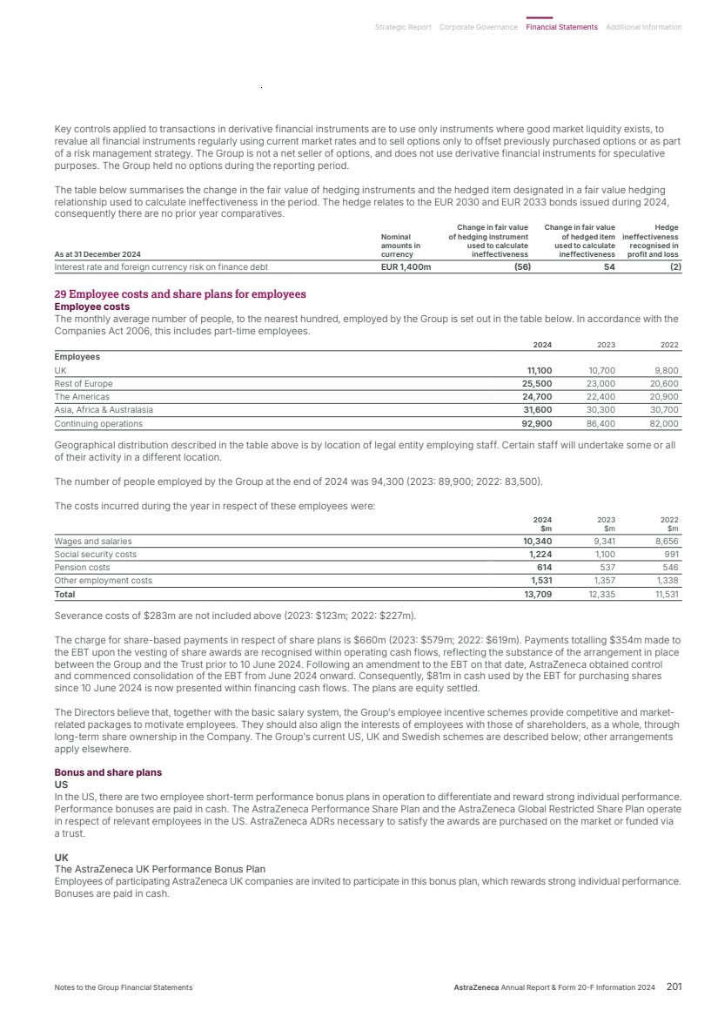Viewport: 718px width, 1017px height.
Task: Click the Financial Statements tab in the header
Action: point(561,27)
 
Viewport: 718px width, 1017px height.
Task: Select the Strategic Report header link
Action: point(403,27)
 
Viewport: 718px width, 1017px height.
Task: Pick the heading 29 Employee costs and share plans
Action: point(180,294)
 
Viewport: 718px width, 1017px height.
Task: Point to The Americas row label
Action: point(82,396)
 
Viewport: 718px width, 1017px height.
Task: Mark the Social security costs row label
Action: point(96,554)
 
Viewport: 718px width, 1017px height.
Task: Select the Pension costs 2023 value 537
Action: point(606,567)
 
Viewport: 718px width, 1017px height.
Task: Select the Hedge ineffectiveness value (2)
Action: point(674,267)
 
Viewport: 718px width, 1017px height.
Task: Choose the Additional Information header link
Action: point(643,27)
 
